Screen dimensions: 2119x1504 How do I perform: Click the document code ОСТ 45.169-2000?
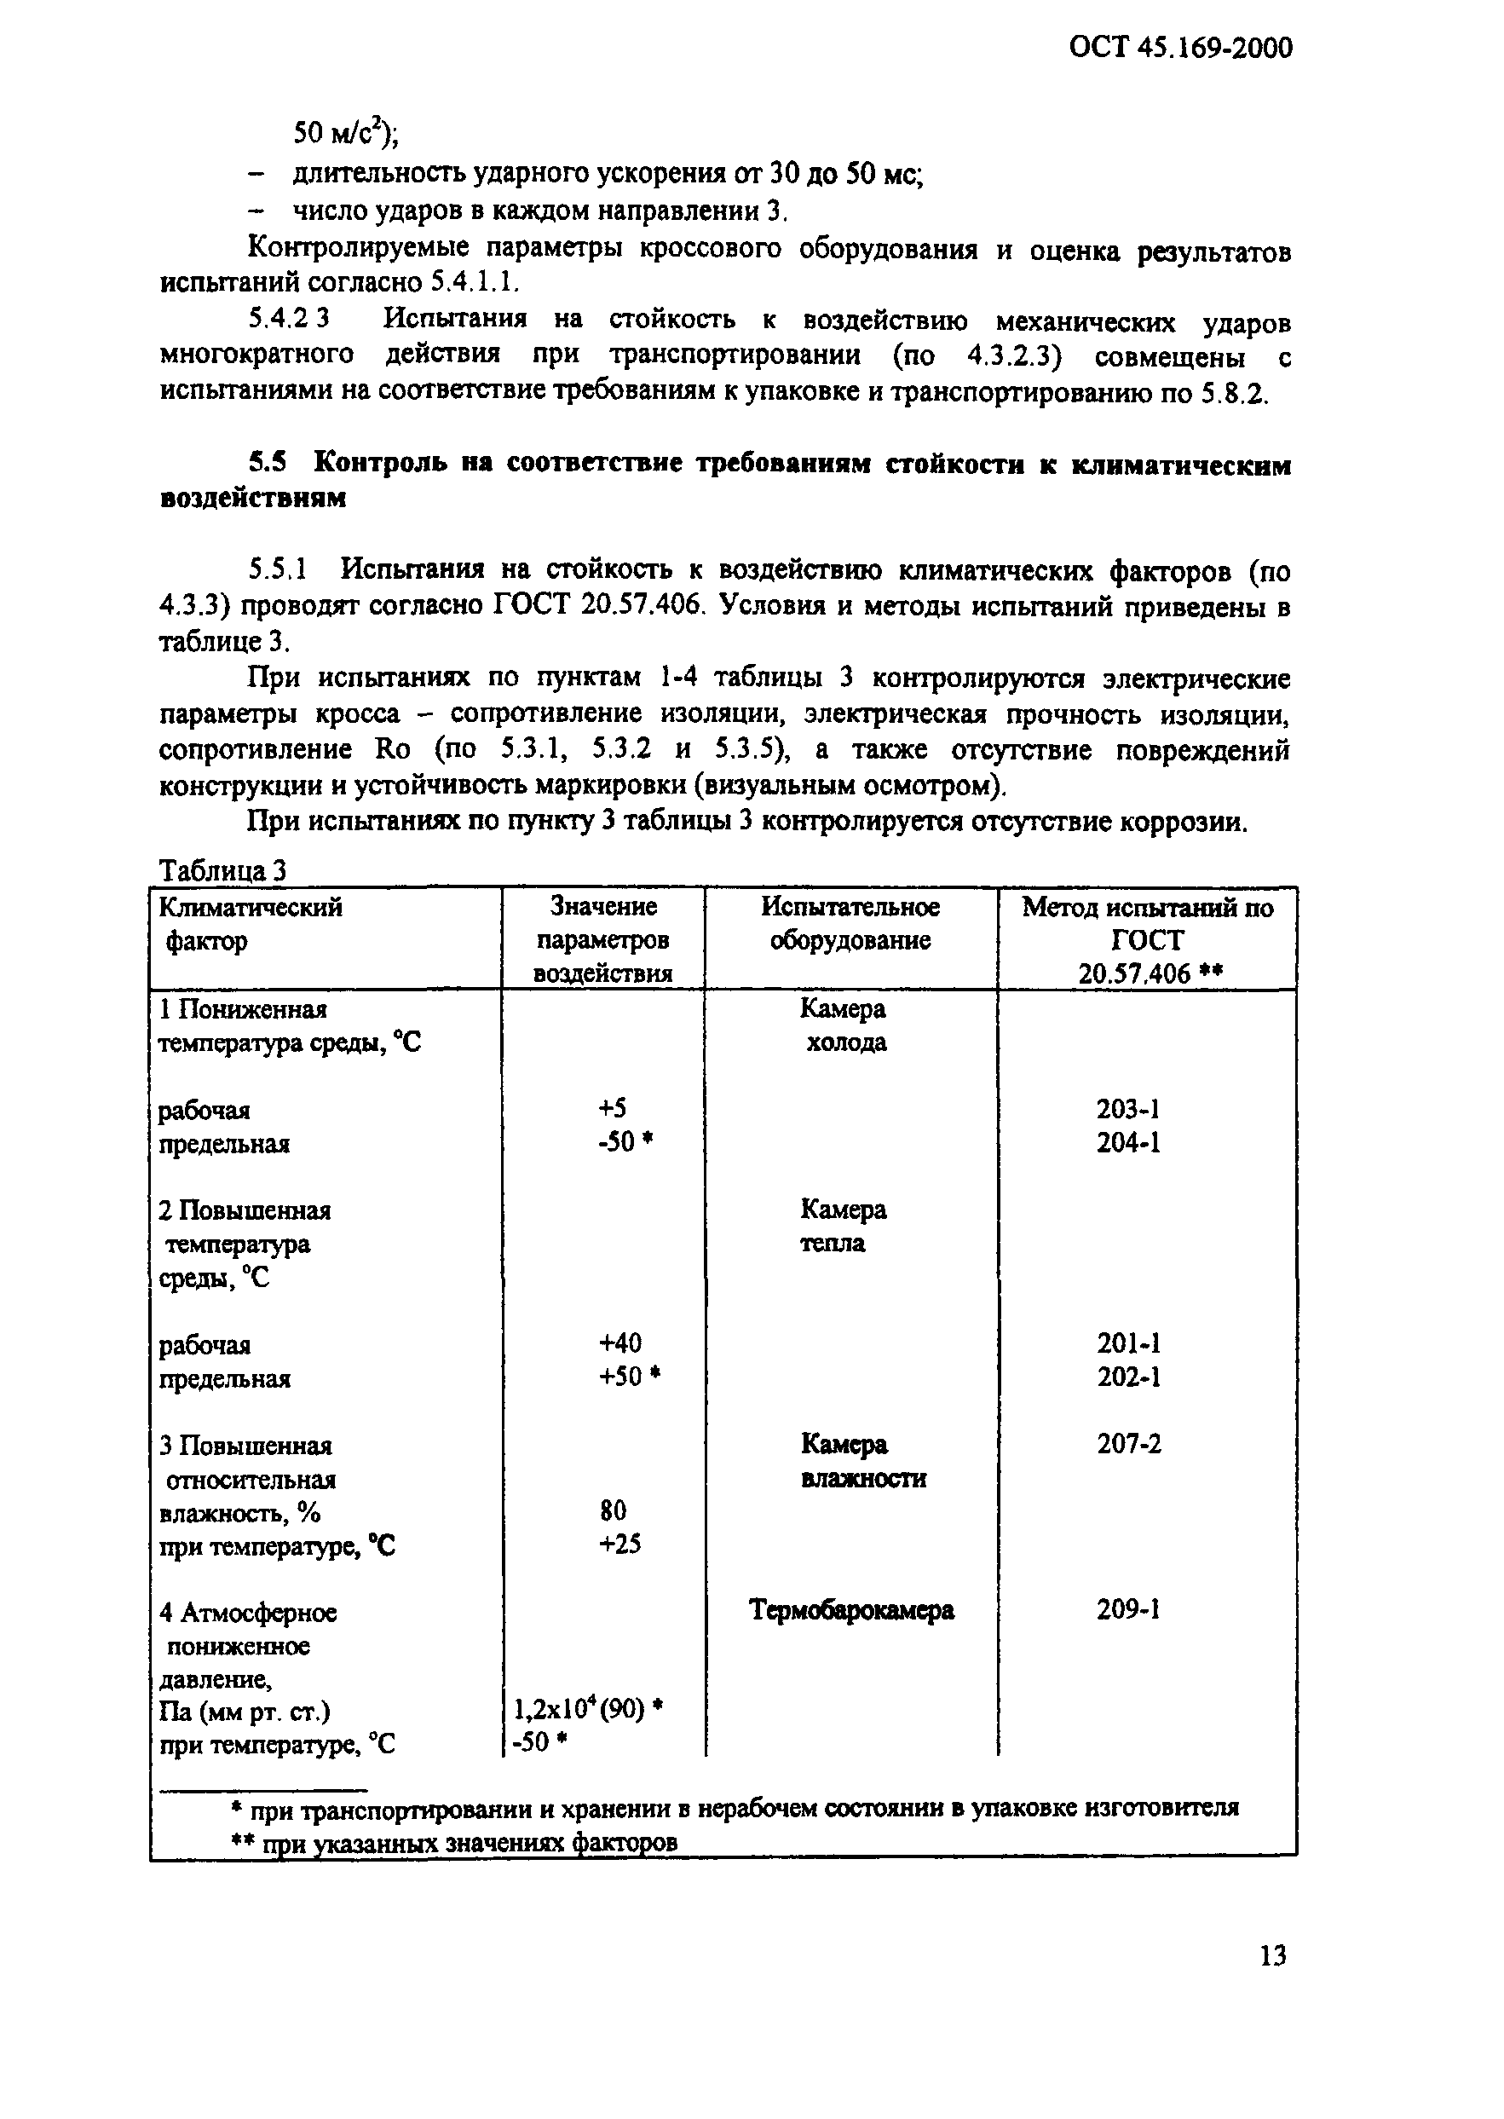(x=1180, y=47)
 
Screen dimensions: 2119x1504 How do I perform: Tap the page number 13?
(x=1272, y=1955)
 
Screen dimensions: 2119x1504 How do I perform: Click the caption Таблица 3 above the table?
(x=222, y=869)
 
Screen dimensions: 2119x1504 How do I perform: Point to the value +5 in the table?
(x=611, y=1108)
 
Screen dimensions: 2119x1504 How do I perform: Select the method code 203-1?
(x=1128, y=1109)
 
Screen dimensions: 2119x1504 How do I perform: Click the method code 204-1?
(x=1128, y=1143)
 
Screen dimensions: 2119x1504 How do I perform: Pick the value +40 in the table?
(x=619, y=1342)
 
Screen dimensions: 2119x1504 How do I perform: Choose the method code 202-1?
(x=1128, y=1377)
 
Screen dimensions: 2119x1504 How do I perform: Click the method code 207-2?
(x=1128, y=1444)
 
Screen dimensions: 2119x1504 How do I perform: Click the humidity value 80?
(x=612, y=1510)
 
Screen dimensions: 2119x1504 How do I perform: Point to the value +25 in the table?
(x=619, y=1544)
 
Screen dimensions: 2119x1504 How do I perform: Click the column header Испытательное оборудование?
(x=850, y=923)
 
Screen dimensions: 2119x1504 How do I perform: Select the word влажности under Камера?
(x=862, y=1478)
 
